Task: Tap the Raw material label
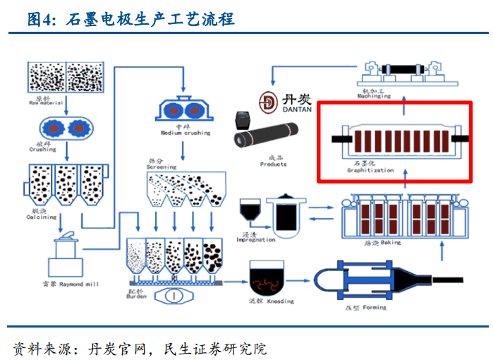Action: tap(47, 102)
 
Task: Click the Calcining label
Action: tap(42, 216)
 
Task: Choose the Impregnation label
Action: tap(256, 239)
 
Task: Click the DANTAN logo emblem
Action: tap(267, 104)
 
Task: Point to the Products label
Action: tap(273, 163)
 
